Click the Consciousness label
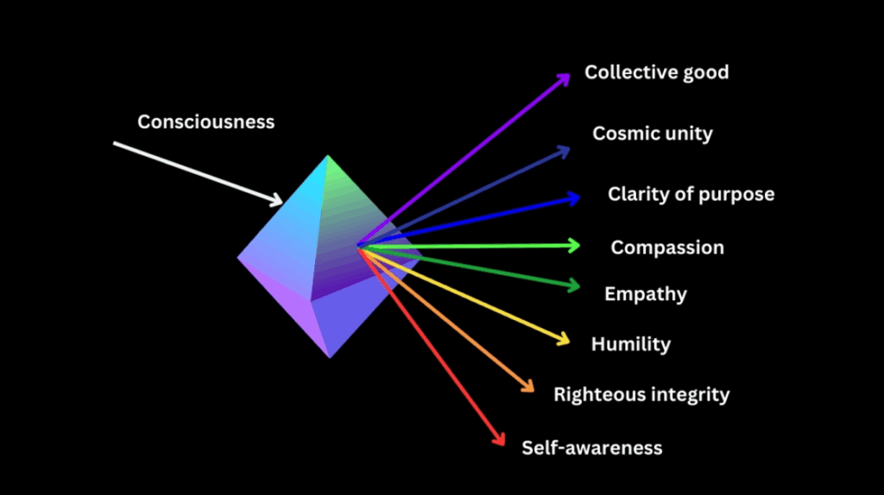pos(205,122)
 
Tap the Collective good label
pos(656,72)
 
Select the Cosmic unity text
pos(652,134)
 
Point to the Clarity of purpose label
pos(691,194)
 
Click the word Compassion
pos(667,248)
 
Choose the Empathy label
pos(645,294)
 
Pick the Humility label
pos(630,345)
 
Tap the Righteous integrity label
pos(641,395)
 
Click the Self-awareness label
pos(591,448)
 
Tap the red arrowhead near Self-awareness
pos(500,440)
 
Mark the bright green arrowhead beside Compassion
pos(574,246)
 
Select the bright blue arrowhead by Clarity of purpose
pos(574,198)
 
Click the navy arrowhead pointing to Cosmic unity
pos(565,151)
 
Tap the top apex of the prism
pos(328,156)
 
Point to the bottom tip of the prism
pos(329,357)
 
